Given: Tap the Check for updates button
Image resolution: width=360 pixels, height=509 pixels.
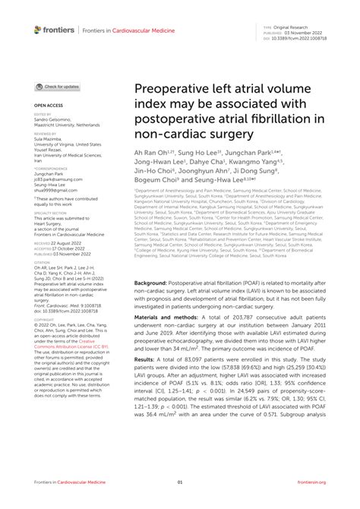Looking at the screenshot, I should pyautogui.click(x=58, y=87).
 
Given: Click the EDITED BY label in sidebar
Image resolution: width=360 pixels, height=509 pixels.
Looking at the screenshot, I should pyautogui.click(x=41, y=115).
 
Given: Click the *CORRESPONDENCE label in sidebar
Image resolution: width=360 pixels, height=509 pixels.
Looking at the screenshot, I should pyautogui.click(x=48, y=166).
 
